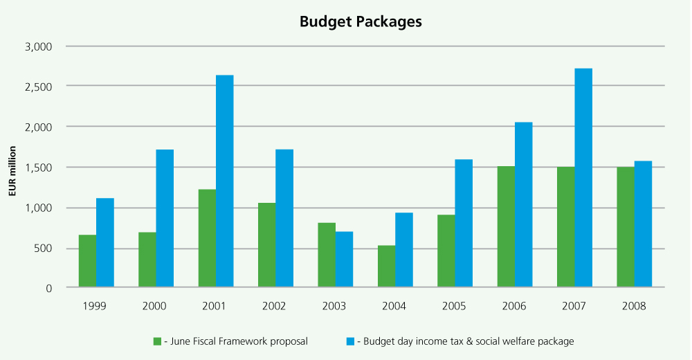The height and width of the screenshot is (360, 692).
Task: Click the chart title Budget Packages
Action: coord(361,21)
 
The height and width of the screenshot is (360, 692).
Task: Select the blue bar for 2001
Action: coord(224,181)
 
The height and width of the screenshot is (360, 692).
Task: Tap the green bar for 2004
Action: coord(386,267)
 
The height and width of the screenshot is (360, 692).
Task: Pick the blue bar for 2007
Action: coord(583,178)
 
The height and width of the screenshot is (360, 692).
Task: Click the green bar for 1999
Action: coord(87,261)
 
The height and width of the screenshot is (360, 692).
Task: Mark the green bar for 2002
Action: coord(266,245)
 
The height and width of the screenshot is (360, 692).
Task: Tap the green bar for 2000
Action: coord(147,260)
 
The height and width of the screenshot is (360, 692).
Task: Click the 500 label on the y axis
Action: coord(44,249)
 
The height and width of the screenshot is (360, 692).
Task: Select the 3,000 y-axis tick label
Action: coord(39,46)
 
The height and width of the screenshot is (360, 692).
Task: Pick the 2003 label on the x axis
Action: coord(335,305)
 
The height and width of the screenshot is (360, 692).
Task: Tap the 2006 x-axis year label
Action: coord(514,305)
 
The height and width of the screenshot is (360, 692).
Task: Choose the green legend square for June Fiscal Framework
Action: coord(157,341)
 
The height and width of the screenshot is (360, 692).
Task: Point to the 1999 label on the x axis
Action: coord(96,305)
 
